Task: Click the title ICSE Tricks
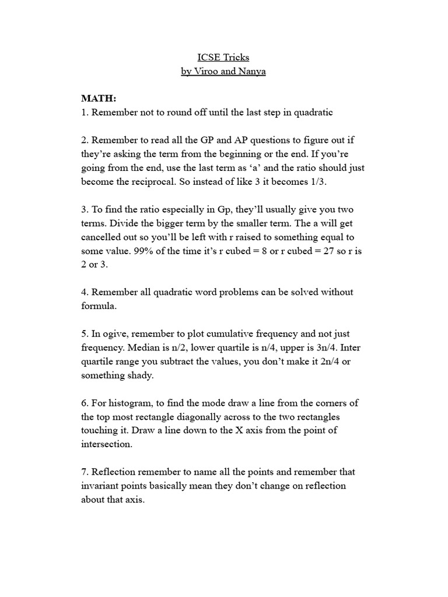pos(223,58)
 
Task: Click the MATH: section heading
pos(99,100)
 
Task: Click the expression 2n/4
pos(330,362)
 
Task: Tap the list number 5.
pos(84,334)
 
